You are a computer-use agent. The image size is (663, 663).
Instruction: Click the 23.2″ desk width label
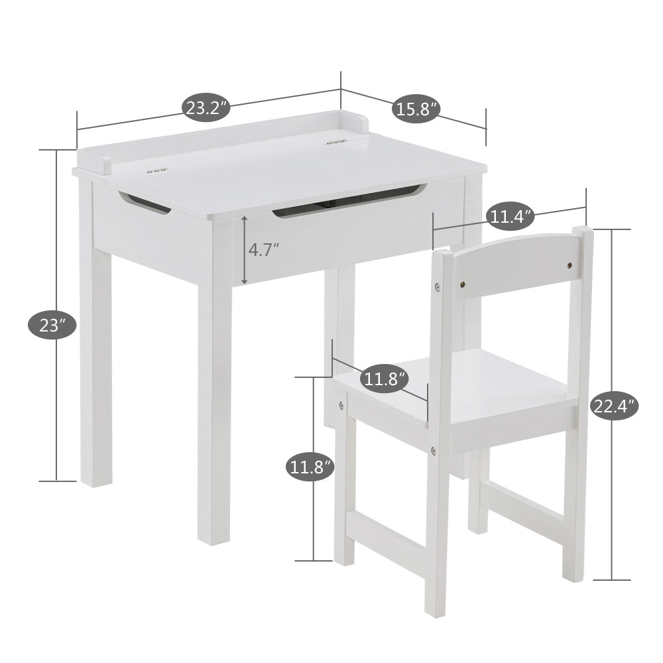(x=206, y=108)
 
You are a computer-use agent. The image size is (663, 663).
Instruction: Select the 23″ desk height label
(x=52, y=325)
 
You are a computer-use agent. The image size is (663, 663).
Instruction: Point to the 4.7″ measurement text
(x=264, y=249)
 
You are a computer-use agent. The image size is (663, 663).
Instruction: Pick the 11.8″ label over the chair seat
(x=385, y=379)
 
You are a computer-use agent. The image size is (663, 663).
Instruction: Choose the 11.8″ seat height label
(x=310, y=466)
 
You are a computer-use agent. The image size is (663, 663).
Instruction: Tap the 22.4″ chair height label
(x=614, y=406)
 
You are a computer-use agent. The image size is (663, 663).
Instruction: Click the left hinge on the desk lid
(x=157, y=170)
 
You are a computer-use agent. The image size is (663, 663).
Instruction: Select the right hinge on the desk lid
(x=337, y=142)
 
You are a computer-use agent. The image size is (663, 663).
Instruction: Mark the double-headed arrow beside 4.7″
(x=245, y=250)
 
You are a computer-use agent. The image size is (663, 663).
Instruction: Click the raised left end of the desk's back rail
(x=105, y=165)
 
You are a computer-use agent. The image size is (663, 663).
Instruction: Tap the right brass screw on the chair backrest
(x=570, y=266)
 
